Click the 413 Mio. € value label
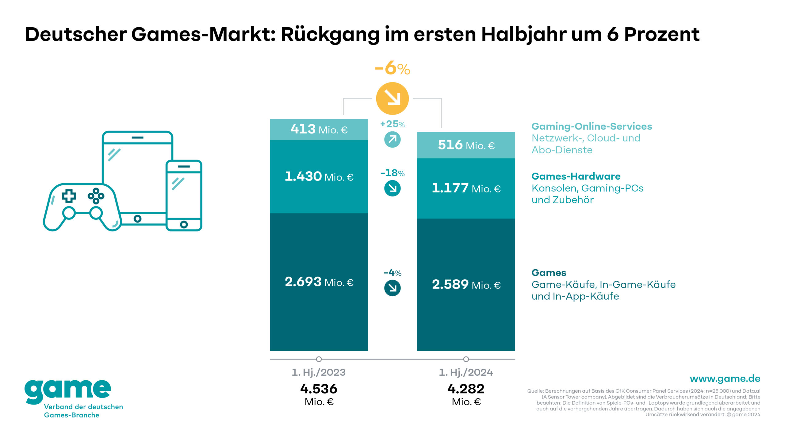click(x=319, y=129)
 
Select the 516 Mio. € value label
click(x=466, y=145)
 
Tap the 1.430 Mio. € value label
click(x=319, y=177)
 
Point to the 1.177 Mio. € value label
click(x=466, y=188)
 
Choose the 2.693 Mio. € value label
click(x=319, y=282)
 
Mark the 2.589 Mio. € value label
click(x=466, y=285)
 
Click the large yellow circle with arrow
click(x=392, y=98)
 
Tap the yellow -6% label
click(x=392, y=68)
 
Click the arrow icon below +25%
click(x=392, y=140)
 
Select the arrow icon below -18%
click(x=392, y=188)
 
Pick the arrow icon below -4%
click(x=392, y=288)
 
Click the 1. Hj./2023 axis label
click(x=319, y=372)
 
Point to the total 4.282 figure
click(x=466, y=389)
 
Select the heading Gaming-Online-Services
click(x=592, y=126)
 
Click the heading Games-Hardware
click(x=576, y=176)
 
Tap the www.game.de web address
click(x=725, y=378)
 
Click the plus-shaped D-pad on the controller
click(x=69, y=196)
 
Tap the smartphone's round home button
click(x=184, y=224)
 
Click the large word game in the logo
click(x=68, y=390)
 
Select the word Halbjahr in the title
click(x=524, y=34)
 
